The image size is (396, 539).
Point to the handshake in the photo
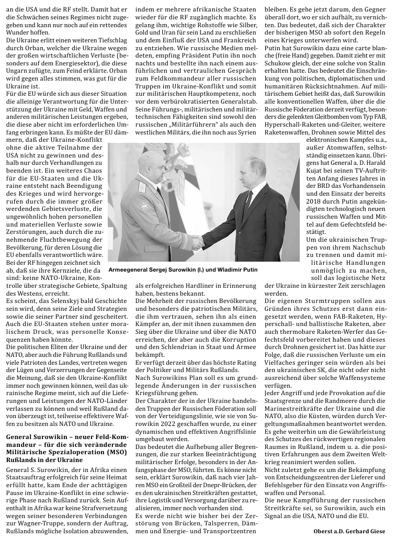point(197,242)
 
